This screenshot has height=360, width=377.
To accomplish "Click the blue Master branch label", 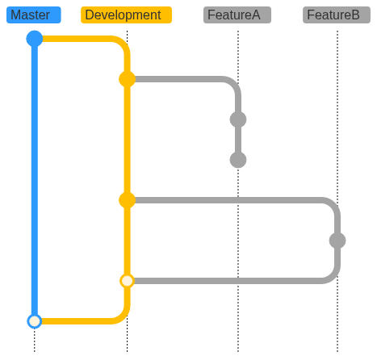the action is click(34, 15).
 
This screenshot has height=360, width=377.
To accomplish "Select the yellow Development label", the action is click(126, 15).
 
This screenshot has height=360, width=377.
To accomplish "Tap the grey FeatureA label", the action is click(237, 15).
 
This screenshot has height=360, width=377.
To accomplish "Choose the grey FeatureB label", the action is click(337, 15).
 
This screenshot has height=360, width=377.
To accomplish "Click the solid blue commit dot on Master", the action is click(35, 39).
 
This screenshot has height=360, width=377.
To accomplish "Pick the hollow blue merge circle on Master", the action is click(35, 321).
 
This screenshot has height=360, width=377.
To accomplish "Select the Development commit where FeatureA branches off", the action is click(127, 79).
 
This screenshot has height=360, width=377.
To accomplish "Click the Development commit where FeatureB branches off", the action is click(127, 200).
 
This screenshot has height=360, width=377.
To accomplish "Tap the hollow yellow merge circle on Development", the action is click(127, 281).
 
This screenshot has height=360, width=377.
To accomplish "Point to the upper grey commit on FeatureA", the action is click(238, 119).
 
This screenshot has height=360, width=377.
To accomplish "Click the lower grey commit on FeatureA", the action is click(238, 160).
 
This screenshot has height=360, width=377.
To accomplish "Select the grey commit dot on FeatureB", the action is click(337, 241).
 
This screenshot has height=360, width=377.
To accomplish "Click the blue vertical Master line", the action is click(35, 180).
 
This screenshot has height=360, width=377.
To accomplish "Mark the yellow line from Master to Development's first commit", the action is click(113, 40).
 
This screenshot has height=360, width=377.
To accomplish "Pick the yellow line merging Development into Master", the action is click(113, 320).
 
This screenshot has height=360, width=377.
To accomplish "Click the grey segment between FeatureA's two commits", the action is click(238, 140).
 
